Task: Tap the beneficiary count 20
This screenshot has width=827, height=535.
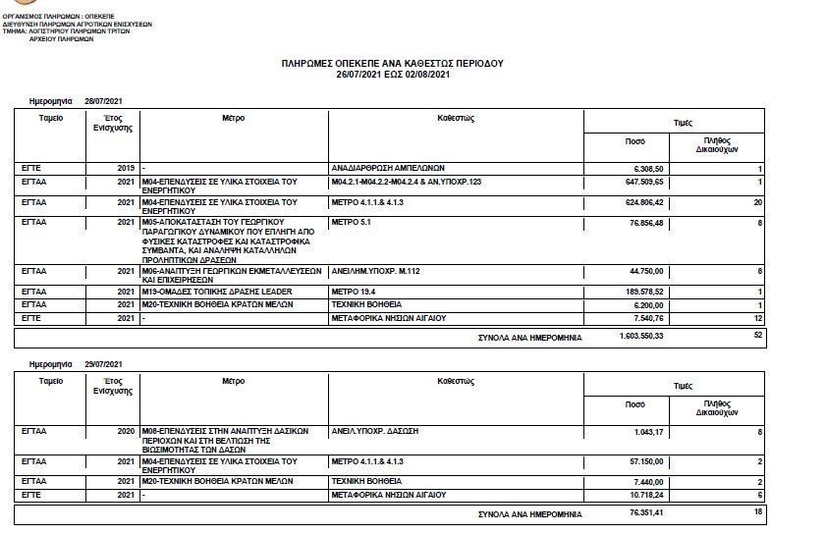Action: click(757, 201)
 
